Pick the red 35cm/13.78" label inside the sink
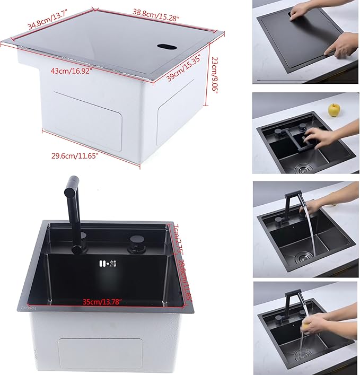point(103,301)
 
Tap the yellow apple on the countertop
point(333,109)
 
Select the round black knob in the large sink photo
point(134,246)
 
